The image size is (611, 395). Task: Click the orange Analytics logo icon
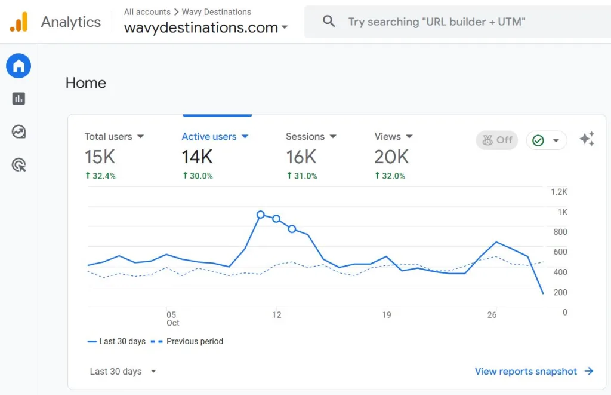(x=19, y=22)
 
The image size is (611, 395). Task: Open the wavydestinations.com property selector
(x=206, y=27)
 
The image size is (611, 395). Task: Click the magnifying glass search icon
(x=329, y=22)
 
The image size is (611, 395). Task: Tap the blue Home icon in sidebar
(x=18, y=66)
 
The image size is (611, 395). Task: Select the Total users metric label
(x=114, y=136)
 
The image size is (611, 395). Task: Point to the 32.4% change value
(x=100, y=176)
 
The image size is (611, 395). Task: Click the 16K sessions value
(x=301, y=157)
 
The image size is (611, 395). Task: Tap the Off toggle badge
(x=497, y=140)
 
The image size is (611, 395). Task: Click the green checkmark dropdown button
(x=546, y=140)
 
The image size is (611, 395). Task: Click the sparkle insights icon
(x=587, y=139)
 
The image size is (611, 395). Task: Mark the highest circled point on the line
(x=261, y=215)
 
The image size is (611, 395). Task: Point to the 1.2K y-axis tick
(x=558, y=192)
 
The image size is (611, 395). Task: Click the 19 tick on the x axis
(x=387, y=315)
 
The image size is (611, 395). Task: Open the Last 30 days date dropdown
(x=123, y=371)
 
